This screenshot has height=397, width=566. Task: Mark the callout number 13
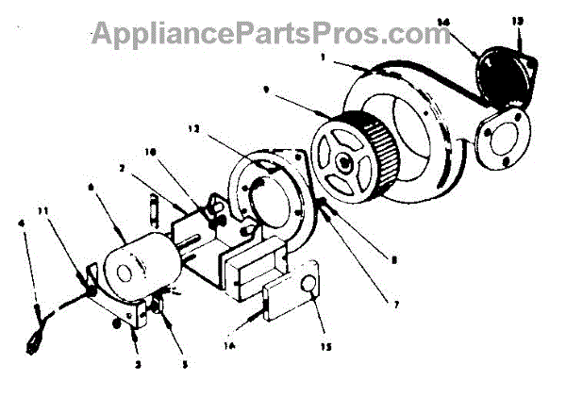point(514,21)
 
